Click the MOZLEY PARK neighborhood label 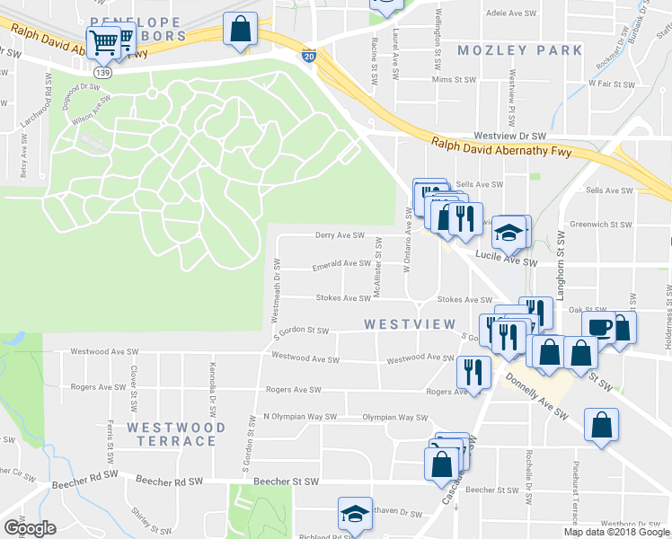520,50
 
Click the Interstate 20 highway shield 309,56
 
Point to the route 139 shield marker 106,72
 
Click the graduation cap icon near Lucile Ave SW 509,233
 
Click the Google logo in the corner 29,527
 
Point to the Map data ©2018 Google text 616,532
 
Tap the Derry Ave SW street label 339,235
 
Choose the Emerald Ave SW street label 340,264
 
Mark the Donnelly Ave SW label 536,400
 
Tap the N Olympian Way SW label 299,417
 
